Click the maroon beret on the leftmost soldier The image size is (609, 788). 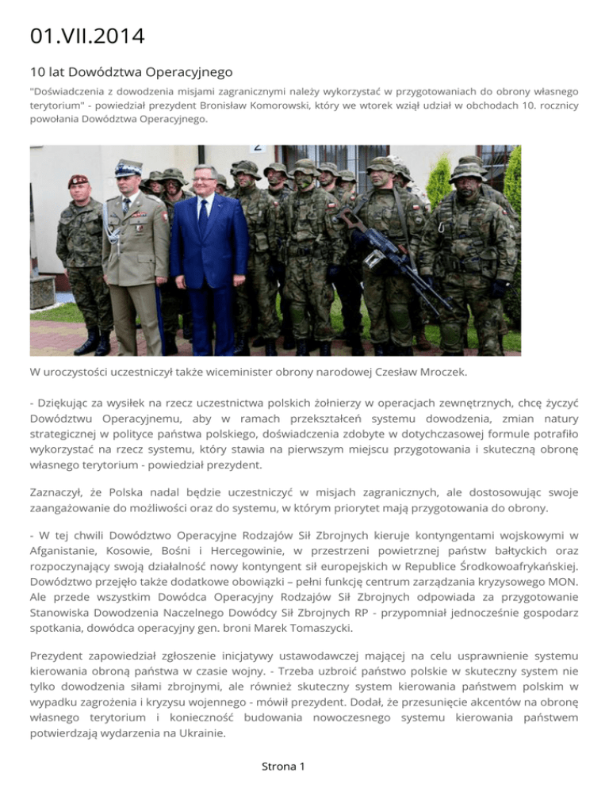pos(79,182)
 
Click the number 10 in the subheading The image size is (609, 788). pos(35,72)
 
